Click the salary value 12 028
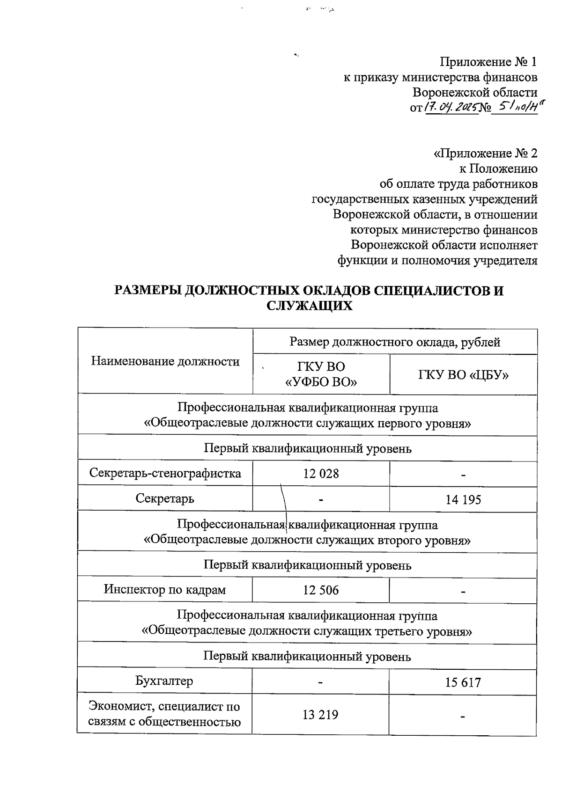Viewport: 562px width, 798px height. click(321, 474)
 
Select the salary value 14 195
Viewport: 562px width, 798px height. click(463, 500)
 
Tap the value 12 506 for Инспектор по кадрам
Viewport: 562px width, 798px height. click(321, 590)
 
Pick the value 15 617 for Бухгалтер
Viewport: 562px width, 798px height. click(463, 682)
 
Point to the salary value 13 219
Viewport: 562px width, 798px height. click(321, 715)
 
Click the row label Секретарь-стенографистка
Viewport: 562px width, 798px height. click(165, 473)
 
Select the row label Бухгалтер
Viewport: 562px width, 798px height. click(164, 681)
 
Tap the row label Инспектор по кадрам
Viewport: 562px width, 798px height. click(165, 589)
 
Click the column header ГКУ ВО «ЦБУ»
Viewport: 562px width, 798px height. click(463, 374)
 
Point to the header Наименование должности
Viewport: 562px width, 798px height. click(165, 361)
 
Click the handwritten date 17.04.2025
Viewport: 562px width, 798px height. click(451, 107)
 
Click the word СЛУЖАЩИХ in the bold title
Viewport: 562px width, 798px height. click(309, 306)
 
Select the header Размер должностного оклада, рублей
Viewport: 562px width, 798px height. click(395, 342)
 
